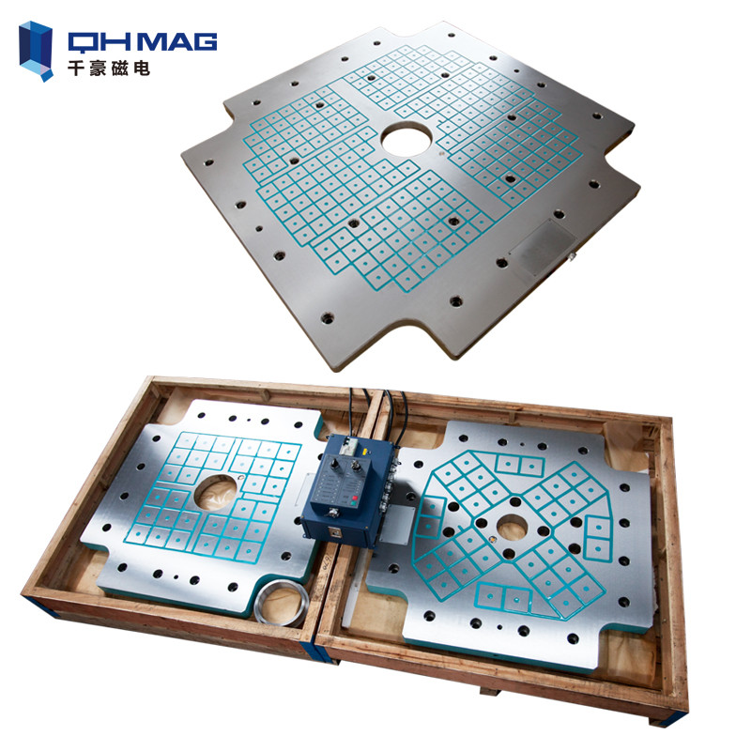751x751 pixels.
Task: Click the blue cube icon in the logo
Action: (x=36, y=51)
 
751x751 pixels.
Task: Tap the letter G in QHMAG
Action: (x=205, y=41)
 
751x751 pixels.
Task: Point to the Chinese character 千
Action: (x=77, y=69)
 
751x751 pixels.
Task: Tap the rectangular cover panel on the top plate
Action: (x=544, y=247)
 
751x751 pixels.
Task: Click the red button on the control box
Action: (x=355, y=498)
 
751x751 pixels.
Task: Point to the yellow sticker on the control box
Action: (x=364, y=451)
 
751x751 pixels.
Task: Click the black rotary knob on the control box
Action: (x=334, y=463)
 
